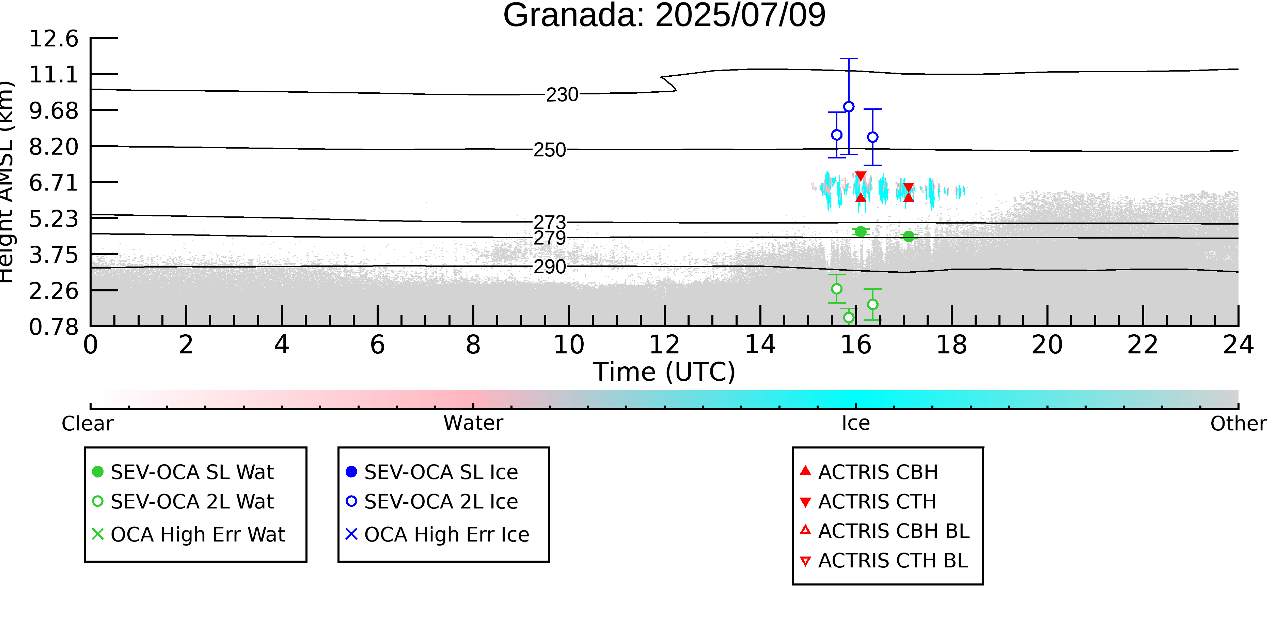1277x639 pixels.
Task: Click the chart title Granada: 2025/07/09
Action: [x=664, y=15]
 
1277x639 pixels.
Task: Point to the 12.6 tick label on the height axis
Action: [x=53, y=39]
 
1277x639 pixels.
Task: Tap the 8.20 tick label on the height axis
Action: [x=53, y=147]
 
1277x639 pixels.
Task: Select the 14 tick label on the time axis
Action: [x=760, y=345]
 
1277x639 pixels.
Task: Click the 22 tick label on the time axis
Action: [x=1142, y=345]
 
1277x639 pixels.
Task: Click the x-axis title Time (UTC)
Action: [x=664, y=371]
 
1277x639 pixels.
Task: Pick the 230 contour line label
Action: [x=562, y=95]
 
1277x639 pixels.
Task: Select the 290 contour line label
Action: [x=549, y=267]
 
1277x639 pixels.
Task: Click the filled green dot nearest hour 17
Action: [x=908, y=236]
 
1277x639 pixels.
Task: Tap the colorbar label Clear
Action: [x=87, y=424]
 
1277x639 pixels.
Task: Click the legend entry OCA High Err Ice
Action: [x=437, y=534]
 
